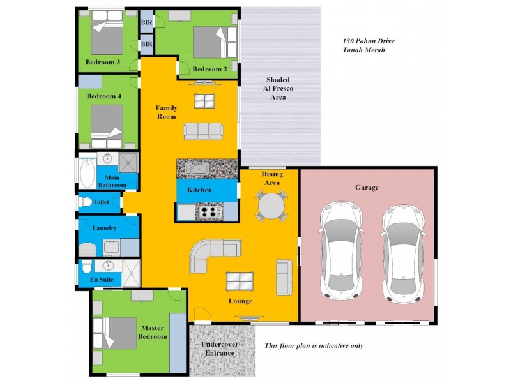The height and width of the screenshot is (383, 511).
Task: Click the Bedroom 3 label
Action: tap(103, 62)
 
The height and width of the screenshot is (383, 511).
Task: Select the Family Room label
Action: tap(167, 112)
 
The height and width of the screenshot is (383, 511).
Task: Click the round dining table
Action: tap(271, 206)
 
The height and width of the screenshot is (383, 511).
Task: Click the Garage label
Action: tap(367, 188)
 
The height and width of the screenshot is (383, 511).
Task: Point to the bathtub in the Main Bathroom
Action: tap(88, 172)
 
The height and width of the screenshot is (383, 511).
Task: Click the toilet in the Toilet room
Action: tap(85, 202)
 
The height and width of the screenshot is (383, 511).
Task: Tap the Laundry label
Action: tap(104, 227)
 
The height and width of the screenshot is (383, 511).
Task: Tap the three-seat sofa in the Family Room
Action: tap(204, 131)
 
